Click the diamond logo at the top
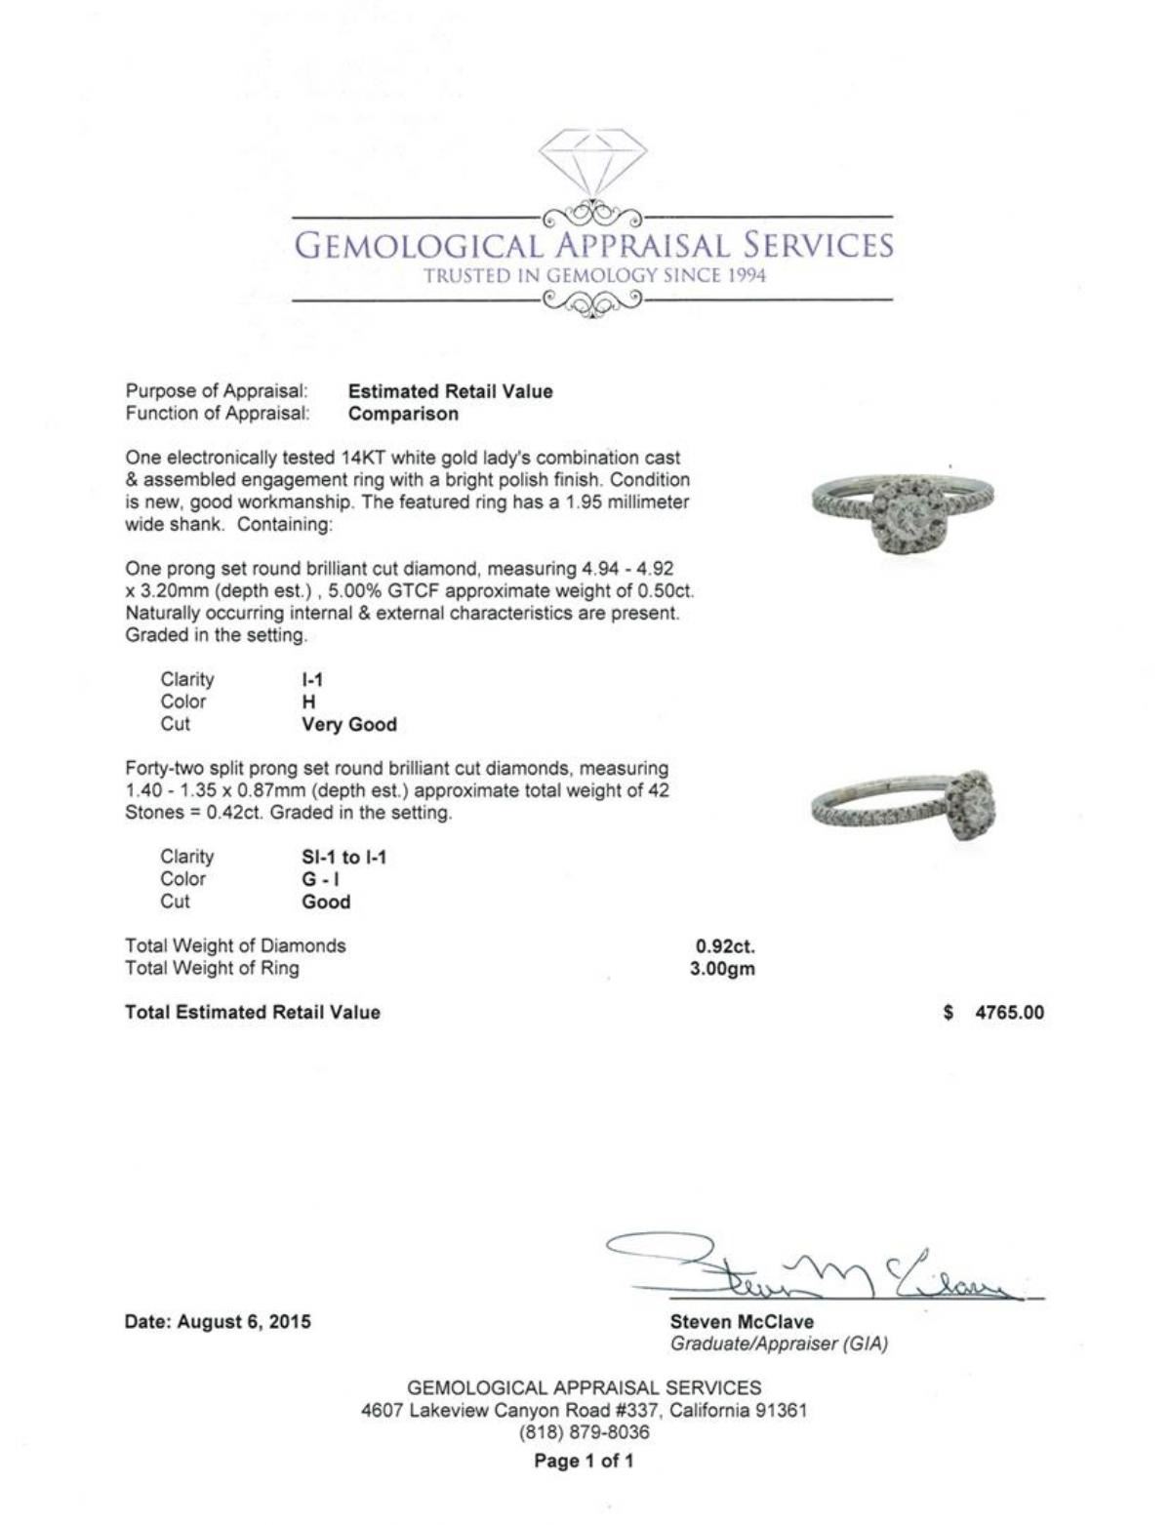pyautogui.click(x=592, y=162)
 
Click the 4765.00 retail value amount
pyautogui.click(x=1009, y=1013)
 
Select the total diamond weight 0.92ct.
pyautogui.click(x=725, y=945)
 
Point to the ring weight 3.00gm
pyautogui.click(x=722, y=969)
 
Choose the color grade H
pyautogui.click(x=308, y=702)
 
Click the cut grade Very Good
pyautogui.click(x=348, y=725)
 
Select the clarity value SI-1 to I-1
pyautogui.click(x=343, y=858)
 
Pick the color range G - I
pyautogui.click(x=322, y=879)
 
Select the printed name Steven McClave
pyautogui.click(x=742, y=1322)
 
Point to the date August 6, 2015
pyautogui.click(x=218, y=1322)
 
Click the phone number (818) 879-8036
pyautogui.click(x=584, y=1432)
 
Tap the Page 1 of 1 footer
pyautogui.click(x=584, y=1461)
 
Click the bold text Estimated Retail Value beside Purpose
pyautogui.click(x=450, y=391)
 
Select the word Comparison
pyautogui.click(x=403, y=414)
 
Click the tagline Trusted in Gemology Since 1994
pyautogui.click(x=594, y=275)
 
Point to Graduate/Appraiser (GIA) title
pyautogui.click(x=779, y=1344)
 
